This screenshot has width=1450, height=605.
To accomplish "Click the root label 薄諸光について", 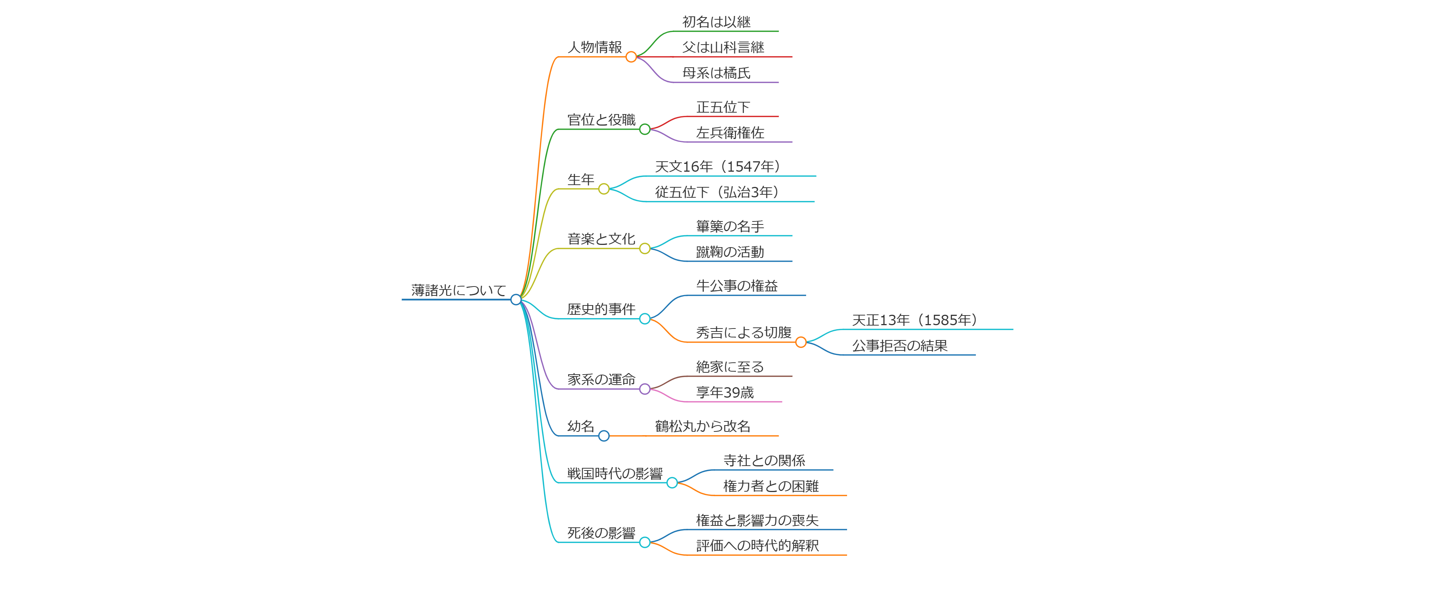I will click(x=458, y=290).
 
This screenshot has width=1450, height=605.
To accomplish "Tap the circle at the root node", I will click(x=515, y=300).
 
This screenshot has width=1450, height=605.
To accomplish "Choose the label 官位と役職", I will click(x=601, y=120).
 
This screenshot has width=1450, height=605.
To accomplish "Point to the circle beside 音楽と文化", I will click(x=645, y=249).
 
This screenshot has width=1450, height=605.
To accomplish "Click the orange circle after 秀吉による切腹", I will click(x=801, y=342).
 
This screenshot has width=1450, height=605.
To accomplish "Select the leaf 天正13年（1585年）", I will click(x=915, y=320).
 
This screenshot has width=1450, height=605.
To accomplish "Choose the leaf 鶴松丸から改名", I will click(x=703, y=426).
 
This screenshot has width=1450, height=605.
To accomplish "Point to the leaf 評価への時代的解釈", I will click(x=757, y=546).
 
